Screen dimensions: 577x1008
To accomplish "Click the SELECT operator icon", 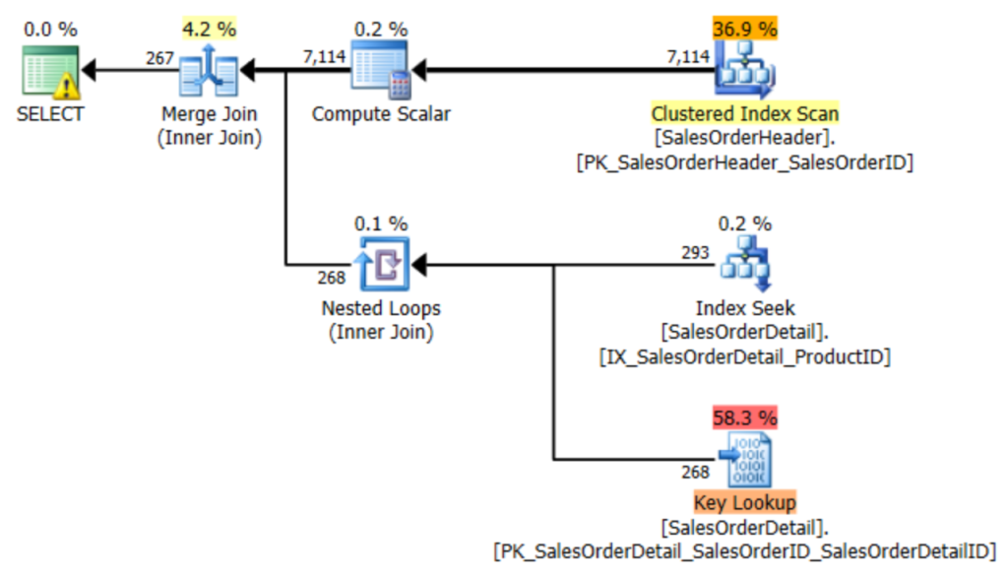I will (x=50, y=72).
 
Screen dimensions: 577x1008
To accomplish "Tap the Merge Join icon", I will (x=209, y=71).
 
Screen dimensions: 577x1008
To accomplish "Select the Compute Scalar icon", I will (x=381, y=72).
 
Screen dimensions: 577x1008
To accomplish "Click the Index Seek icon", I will (x=744, y=264).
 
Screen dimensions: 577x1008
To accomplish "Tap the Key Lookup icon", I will (x=744, y=459).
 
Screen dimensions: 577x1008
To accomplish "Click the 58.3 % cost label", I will (x=744, y=417).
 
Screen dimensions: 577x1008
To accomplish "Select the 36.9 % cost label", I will (x=744, y=28).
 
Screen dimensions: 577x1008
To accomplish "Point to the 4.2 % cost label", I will (x=209, y=28).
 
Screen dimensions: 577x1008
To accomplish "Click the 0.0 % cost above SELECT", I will (x=50, y=28).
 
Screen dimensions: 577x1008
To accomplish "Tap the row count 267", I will (x=159, y=58).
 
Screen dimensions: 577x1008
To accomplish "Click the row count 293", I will (x=695, y=252).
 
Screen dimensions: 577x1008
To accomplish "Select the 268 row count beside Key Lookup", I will (x=695, y=472).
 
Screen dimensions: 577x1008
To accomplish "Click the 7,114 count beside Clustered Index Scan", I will (x=688, y=57).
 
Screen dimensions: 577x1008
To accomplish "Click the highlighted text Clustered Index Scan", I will (x=744, y=113).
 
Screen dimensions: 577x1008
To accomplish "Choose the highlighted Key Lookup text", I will (x=744, y=503).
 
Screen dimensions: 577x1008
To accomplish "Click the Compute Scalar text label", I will (x=381, y=114).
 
